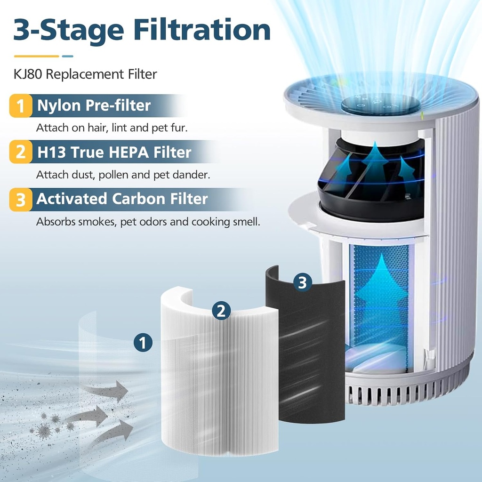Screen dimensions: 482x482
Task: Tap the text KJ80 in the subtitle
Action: [27, 74]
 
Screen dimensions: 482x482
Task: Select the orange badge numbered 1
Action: [21, 106]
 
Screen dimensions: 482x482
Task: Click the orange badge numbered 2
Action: [21, 153]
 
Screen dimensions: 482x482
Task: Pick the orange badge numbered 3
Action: [21, 199]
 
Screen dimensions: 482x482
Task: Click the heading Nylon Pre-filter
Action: [94, 105]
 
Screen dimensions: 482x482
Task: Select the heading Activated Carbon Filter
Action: [122, 199]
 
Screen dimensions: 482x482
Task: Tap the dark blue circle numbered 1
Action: [143, 342]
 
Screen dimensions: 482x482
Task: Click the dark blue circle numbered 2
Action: [221, 310]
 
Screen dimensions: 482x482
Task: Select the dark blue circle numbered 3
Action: [302, 282]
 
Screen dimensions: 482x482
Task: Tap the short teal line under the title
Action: [68, 56]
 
